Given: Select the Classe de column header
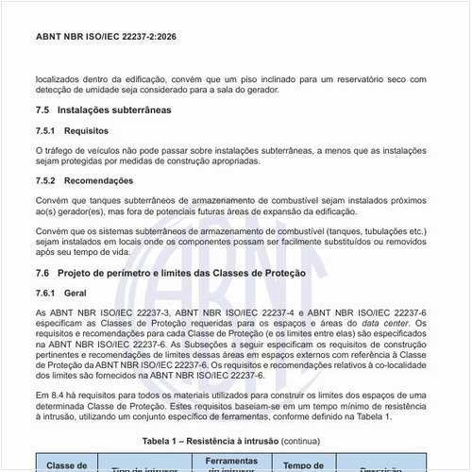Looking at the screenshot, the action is pos(67,464).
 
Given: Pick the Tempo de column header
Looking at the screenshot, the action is pos(304,464).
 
